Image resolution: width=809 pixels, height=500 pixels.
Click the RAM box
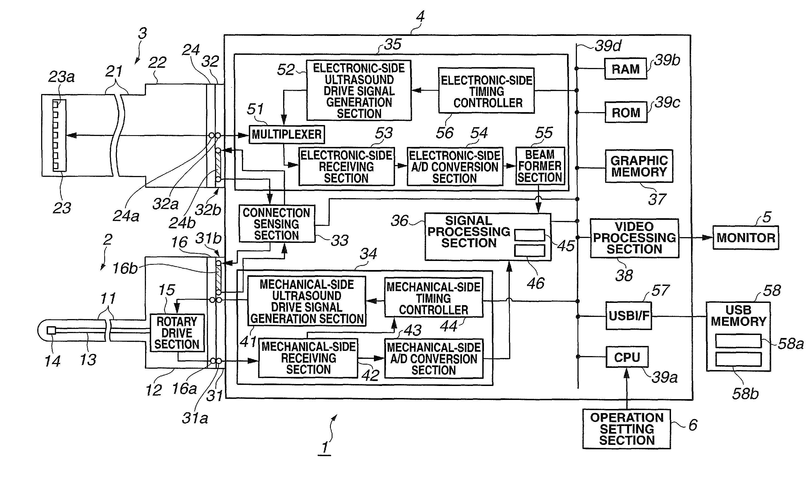tap(625, 69)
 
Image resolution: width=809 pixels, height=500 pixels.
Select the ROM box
tap(626, 112)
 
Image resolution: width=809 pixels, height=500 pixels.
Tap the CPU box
tap(627, 357)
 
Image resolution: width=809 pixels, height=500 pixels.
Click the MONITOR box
tap(745, 237)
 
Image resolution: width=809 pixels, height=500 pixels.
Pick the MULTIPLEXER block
tap(287, 134)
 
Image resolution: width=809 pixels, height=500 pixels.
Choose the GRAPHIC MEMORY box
tap(639, 166)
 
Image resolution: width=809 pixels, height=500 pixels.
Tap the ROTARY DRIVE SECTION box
tap(177, 333)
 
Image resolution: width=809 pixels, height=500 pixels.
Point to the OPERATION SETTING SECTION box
tap(627, 429)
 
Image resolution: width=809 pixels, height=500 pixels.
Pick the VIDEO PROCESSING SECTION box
tap(635, 238)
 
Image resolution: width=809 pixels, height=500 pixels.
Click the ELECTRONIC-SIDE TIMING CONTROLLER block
tap(486, 91)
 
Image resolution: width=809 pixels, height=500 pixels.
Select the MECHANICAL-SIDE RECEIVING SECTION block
tap(308, 358)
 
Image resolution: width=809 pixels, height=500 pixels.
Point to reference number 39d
tap(608, 46)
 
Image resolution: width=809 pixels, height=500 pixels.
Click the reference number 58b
tap(745, 394)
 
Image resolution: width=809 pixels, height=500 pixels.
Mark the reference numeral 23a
tap(61, 77)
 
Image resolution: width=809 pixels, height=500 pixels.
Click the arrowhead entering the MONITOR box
tap(708, 237)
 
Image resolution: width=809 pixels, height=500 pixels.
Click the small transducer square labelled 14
tap(51, 330)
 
